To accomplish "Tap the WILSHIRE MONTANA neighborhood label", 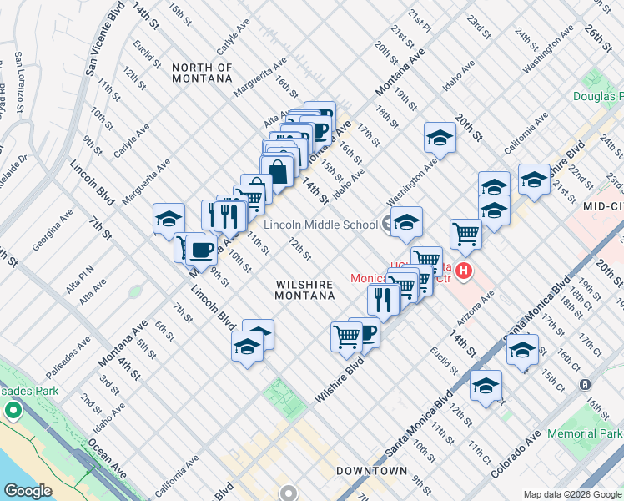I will click(305, 290).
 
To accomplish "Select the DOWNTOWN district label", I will click(371, 472).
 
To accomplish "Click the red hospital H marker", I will click(464, 271).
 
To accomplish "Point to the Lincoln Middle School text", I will click(320, 225).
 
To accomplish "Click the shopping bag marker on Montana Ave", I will click(279, 173).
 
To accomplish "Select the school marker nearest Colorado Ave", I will click(486, 386).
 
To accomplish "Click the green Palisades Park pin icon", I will click(13, 411).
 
